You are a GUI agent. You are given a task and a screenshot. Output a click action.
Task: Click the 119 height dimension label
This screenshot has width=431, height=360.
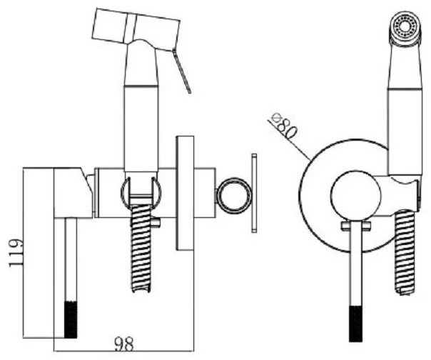click(x=16, y=253)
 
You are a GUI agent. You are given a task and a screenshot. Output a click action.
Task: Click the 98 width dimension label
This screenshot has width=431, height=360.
click(x=123, y=344)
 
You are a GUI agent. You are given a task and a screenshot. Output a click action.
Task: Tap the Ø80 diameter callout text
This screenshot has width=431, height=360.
click(x=284, y=126)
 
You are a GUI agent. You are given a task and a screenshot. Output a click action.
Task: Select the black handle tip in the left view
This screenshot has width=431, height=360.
click(x=71, y=319)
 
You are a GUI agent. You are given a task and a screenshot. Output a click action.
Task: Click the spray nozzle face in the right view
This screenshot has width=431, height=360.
click(x=405, y=28)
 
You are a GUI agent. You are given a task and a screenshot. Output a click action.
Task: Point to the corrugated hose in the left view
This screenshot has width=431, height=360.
click(x=141, y=248)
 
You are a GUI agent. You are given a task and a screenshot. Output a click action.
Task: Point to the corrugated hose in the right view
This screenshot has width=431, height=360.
click(x=405, y=253)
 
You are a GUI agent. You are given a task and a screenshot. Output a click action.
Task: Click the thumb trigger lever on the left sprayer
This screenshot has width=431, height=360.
click(x=182, y=71)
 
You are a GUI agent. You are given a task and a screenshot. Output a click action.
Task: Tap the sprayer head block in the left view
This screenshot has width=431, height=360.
click(x=136, y=30)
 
